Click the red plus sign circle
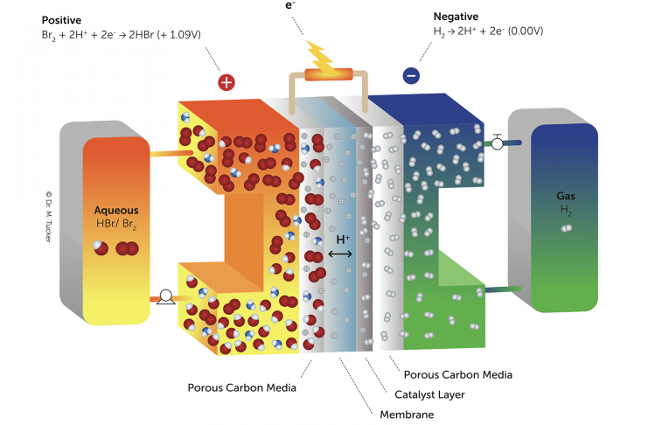(x=226, y=82)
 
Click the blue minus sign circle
(x=411, y=76)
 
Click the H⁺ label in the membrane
(x=343, y=238)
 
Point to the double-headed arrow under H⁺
(x=340, y=254)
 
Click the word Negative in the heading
(x=457, y=17)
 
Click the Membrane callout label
(x=406, y=414)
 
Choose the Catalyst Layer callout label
(x=429, y=394)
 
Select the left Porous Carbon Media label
(x=242, y=387)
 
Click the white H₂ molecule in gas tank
(x=567, y=228)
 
